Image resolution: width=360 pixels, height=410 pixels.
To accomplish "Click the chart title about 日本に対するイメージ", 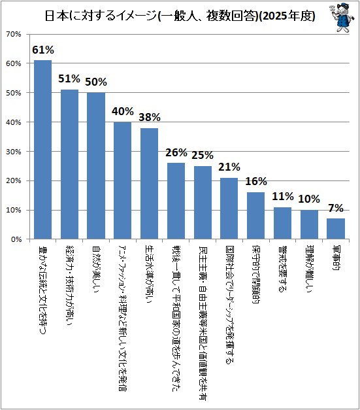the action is click(x=180, y=16).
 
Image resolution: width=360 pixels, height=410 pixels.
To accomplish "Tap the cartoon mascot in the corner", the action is click(x=341, y=18).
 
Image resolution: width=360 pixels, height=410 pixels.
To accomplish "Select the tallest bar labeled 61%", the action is click(x=43, y=150).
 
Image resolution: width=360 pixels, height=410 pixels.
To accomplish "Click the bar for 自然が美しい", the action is click(x=96, y=166).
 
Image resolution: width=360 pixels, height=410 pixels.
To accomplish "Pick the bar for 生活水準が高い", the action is click(x=149, y=183).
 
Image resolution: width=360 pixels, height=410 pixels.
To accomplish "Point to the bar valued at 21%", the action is click(x=229, y=209).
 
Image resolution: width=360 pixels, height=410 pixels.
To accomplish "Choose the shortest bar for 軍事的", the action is click(x=336, y=229).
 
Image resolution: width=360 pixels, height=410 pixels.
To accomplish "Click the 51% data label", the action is click(x=69, y=78).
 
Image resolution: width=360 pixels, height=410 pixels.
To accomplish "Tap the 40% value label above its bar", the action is click(x=123, y=111).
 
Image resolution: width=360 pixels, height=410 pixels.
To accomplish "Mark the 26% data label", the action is click(x=176, y=152).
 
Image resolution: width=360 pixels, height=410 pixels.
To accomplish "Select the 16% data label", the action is click(x=256, y=181).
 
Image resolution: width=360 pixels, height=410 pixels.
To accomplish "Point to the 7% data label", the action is click(x=336, y=208).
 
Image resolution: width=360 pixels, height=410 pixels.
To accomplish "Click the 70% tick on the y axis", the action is click(x=14, y=34).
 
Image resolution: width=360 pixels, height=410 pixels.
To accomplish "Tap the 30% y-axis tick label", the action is click(x=14, y=152).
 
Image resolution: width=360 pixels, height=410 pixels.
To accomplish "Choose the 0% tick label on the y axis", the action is click(x=16, y=239).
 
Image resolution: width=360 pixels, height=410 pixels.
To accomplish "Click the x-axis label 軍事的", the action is click(x=336, y=258).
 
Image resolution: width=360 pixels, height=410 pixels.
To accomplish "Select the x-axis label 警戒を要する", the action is click(x=283, y=269).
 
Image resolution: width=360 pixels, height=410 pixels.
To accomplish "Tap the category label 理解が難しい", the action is click(x=310, y=269).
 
